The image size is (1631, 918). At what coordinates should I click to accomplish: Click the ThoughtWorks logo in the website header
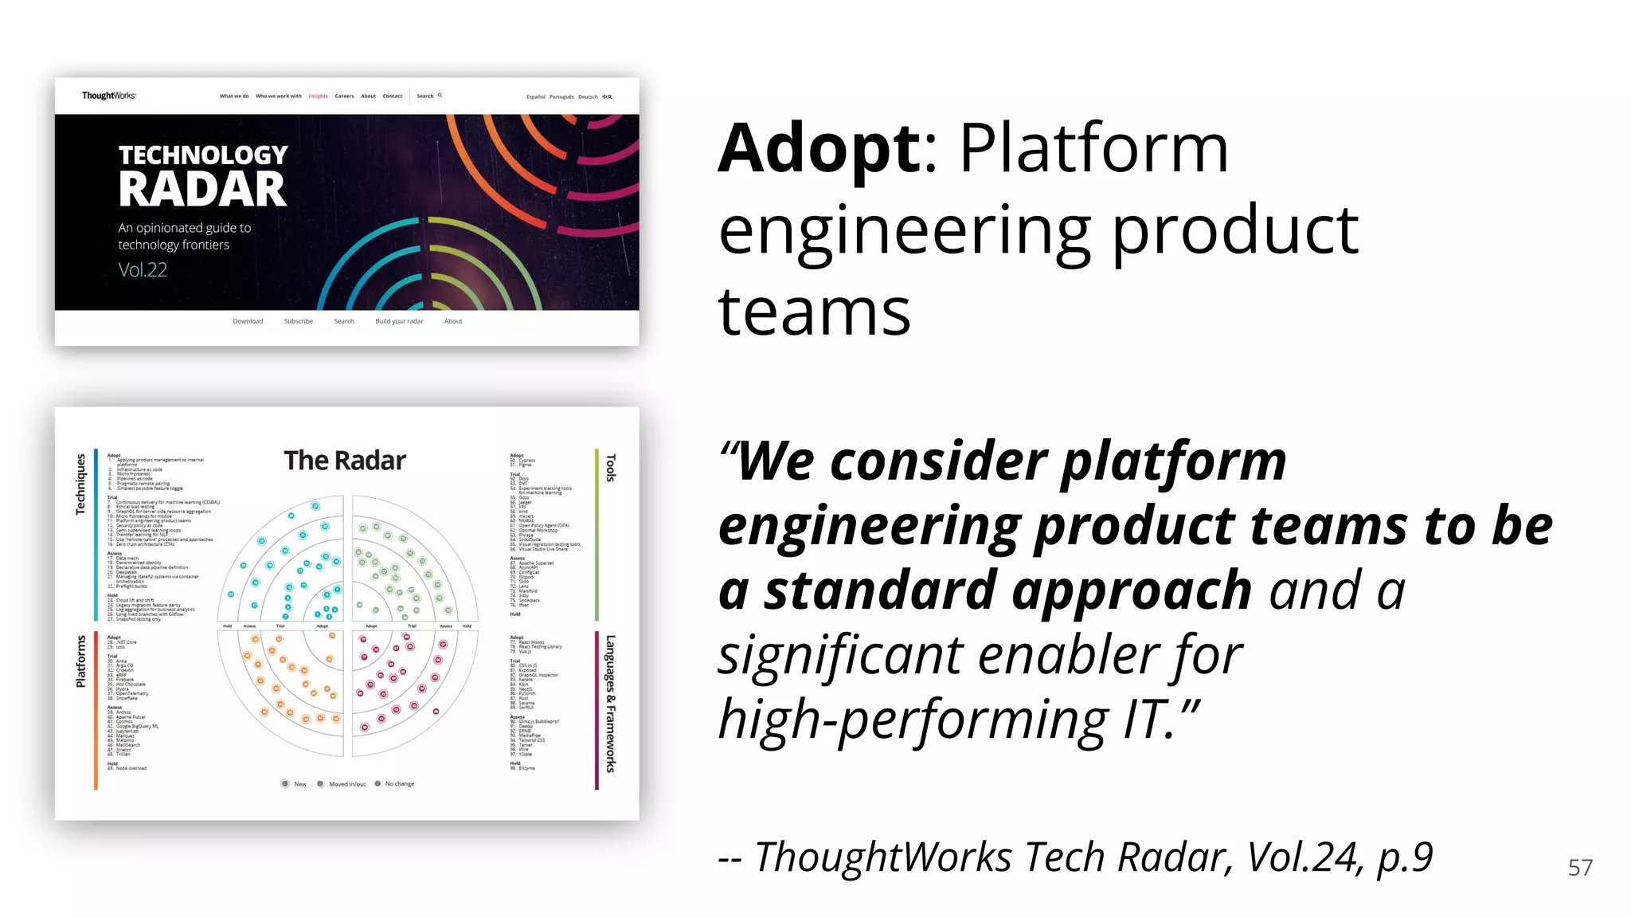(x=108, y=96)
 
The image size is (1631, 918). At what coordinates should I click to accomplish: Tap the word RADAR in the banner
(x=202, y=190)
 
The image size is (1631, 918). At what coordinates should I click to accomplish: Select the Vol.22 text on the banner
(x=143, y=270)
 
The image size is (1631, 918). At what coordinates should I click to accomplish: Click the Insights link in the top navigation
(x=318, y=96)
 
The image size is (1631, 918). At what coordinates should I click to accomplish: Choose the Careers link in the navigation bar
(x=344, y=96)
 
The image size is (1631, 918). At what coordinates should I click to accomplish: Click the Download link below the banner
(x=248, y=322)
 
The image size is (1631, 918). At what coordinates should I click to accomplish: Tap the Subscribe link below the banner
(x=298, y=322)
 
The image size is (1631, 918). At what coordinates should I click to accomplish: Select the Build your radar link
(x=399, y=322)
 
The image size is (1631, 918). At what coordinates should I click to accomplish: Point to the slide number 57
(x=1580, y=868)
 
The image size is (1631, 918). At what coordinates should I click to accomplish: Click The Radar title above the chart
(x=345, y=461)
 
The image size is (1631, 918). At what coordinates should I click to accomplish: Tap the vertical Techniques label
(x=80, y=484)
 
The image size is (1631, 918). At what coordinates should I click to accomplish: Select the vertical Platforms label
(x=80, y=661)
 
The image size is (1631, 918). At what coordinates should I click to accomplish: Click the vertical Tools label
(x=611, y=469)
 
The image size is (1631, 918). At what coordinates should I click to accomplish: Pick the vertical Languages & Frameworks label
(x=611, y=704)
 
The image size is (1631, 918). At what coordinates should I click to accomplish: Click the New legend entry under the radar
(x=295, y=784)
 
